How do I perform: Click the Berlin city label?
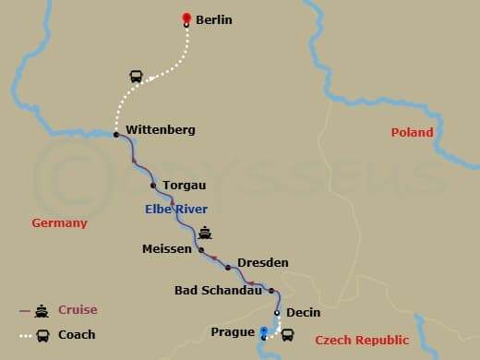[x=213, y=19]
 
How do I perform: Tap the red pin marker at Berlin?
[x=186, y=18]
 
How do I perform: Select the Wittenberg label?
[x=160, y=130]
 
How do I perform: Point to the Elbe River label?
[x=176, y=210]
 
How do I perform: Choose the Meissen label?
[x=167, y=249]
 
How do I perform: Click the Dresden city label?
[x=262, y=263]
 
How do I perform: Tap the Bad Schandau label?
[x=218, y=291]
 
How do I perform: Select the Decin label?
[x=303, y=312]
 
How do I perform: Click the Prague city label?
[x=231, y=331]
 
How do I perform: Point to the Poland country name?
[x=412, y=132]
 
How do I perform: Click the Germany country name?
[x=59, y=222]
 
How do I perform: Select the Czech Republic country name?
[x=362, y=341]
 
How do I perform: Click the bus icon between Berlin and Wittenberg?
[x=137, y=77]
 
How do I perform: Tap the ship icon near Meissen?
[x=205, y=233]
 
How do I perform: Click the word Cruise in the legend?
[x=78, y=310]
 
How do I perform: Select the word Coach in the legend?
[x=77, y=334]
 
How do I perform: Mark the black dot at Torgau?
[x=153, y=186]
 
